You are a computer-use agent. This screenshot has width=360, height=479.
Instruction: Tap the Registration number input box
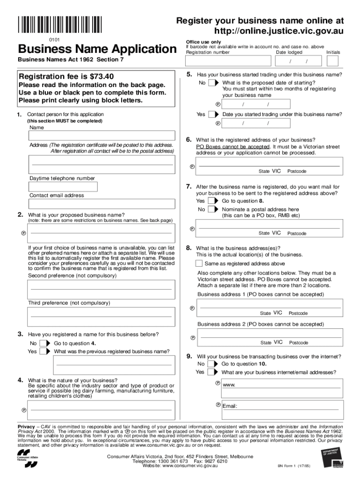point(228,61)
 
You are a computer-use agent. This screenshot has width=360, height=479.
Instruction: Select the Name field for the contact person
point(101,136)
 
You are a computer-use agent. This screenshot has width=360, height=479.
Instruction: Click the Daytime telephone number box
point(63,187)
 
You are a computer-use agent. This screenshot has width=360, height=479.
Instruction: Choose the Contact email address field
point(101,203)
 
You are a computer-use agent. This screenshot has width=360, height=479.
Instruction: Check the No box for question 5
point(212,83)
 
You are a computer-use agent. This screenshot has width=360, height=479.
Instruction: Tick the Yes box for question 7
point(212,201)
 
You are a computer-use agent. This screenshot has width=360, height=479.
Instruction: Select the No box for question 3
point(43,343)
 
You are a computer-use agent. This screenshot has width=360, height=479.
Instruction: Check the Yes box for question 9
point(211,372)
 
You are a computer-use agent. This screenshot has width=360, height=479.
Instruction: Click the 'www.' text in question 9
point(229,385)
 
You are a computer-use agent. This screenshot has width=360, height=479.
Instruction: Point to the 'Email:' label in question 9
point(230,406)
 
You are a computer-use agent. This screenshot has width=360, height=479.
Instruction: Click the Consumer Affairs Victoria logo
point(28,461)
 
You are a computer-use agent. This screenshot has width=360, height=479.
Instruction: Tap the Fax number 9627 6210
point(216,461)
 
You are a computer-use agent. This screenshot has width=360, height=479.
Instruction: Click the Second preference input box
point(101,289)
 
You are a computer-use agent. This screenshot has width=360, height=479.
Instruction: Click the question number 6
point(189,139)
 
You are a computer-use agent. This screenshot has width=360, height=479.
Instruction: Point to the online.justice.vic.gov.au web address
point(279,31)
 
